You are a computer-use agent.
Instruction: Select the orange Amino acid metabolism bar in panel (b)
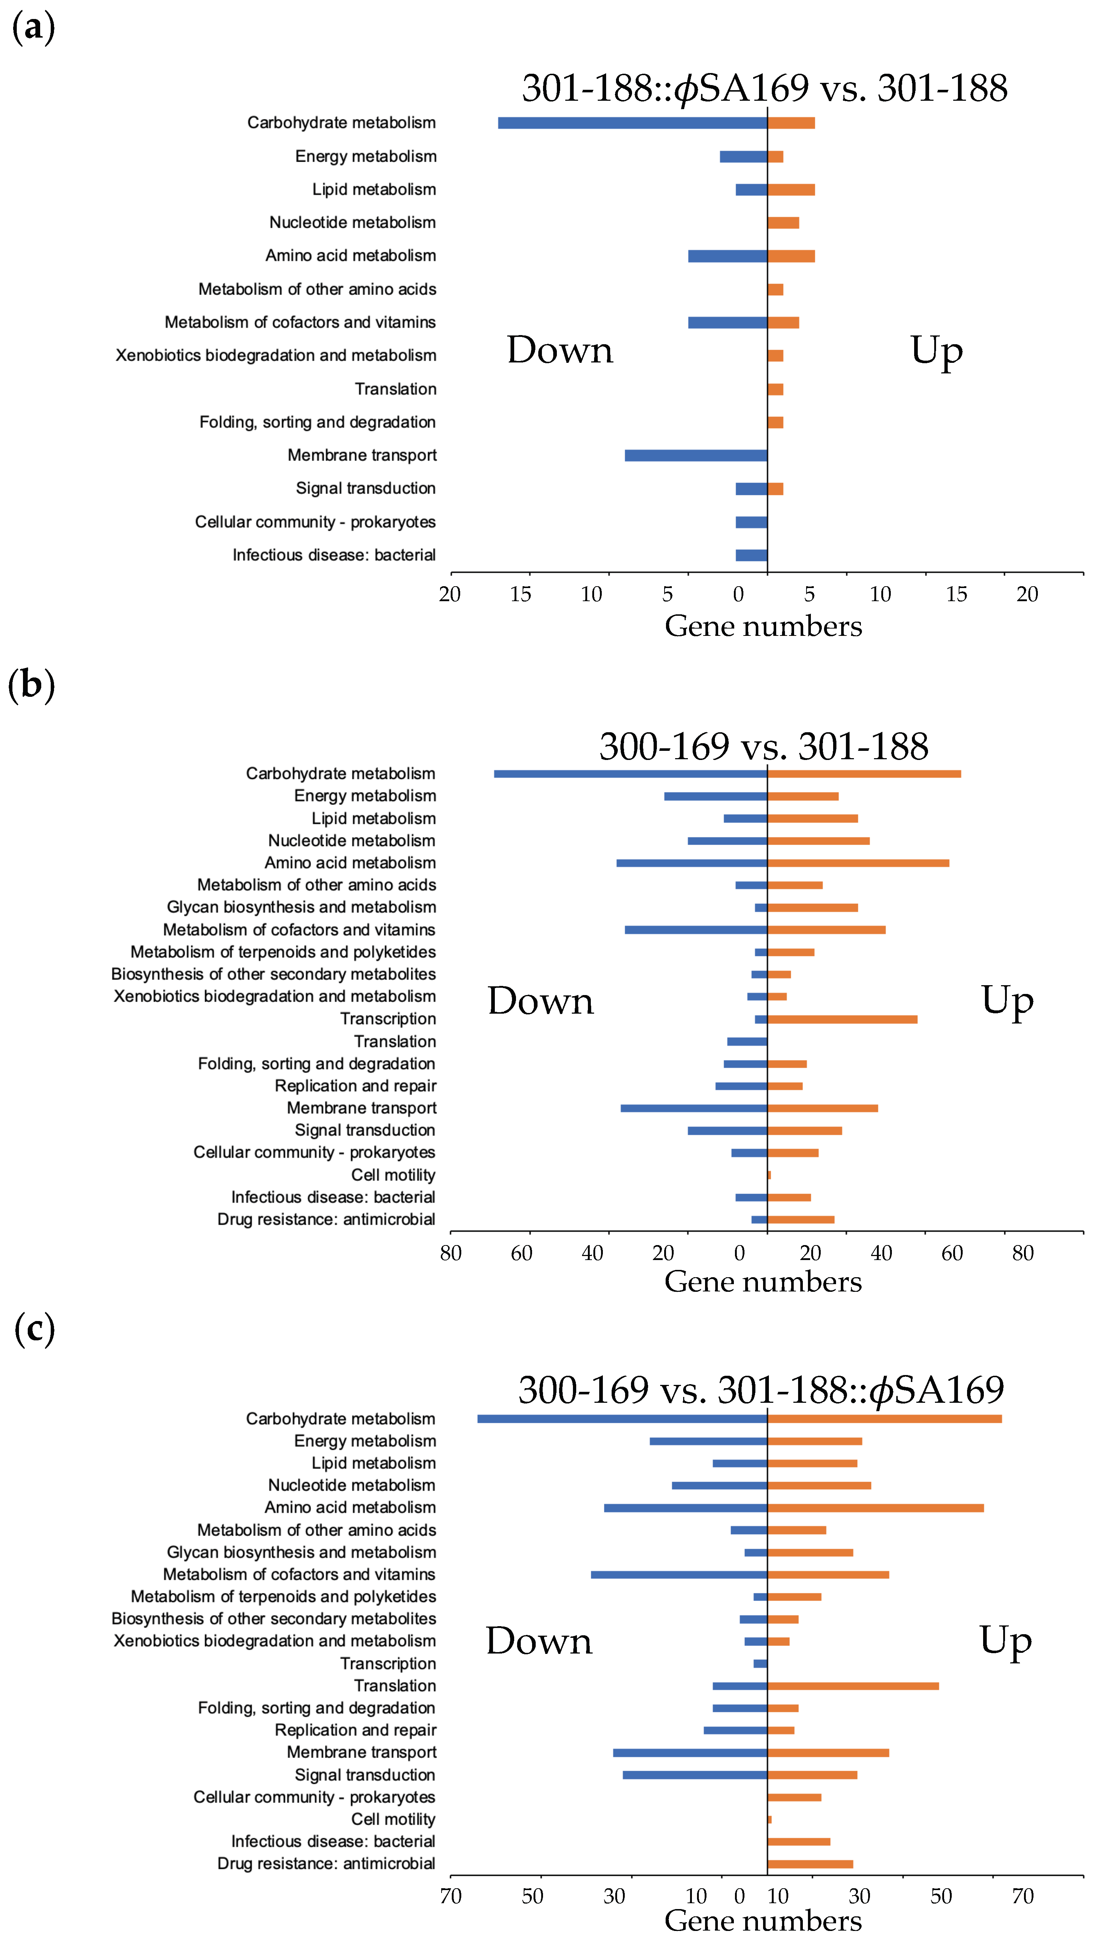pyautogui.click(x=858, y=863)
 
